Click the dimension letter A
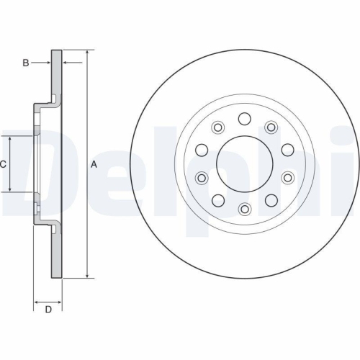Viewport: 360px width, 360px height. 94,164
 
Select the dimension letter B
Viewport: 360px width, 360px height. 26,63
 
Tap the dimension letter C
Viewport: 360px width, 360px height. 3,164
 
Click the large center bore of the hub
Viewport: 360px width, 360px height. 244,163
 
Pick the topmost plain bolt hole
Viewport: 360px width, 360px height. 244,119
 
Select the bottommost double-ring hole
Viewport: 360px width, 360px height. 244,209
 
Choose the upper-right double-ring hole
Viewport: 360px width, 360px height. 271,127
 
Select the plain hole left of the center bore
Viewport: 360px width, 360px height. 202,150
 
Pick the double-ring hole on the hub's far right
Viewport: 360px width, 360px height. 287,177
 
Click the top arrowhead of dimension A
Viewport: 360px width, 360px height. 87,54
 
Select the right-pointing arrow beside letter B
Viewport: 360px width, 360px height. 47,63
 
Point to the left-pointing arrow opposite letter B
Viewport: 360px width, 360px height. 68,63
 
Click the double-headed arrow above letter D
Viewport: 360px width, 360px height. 48,300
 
